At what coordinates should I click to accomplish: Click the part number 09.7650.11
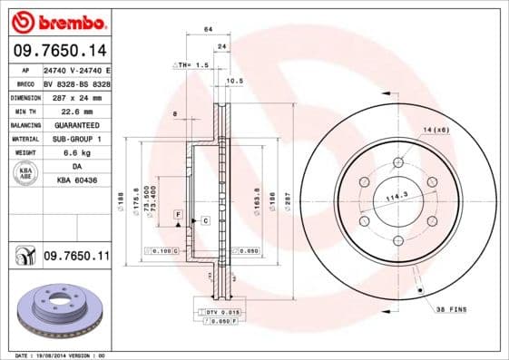point(76,258)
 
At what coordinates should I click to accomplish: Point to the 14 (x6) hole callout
point(436,130)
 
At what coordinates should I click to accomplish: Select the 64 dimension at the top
point(208,30)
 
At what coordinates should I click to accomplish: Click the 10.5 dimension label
point(233,81)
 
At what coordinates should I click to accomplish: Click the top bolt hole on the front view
point(397,164)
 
